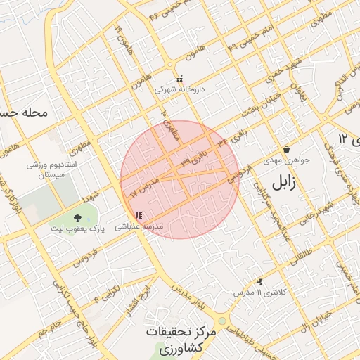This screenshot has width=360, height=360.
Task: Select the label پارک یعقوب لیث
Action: [77, 229]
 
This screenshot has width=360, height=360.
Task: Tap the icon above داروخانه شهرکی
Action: [179, 79]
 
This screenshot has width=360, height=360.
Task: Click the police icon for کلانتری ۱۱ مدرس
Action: [260, 281]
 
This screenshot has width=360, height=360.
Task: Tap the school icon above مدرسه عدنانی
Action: [139, 215]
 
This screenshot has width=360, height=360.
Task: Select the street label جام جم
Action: [49, 326]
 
